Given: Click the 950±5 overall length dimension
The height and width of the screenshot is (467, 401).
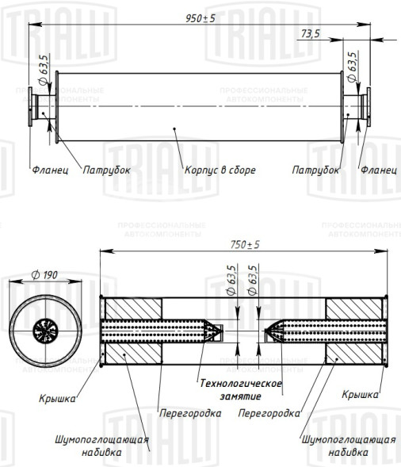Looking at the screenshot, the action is [200, 18].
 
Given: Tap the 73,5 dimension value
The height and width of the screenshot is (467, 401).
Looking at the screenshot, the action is [310, 33].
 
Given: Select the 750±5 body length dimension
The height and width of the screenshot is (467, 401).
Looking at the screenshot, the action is [245, 244].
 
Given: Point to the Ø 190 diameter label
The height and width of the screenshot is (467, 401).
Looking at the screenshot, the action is [44, 274].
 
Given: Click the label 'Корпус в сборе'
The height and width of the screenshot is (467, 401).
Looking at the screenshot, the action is [220, 170].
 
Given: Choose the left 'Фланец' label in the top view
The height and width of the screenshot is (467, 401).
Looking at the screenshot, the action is [50, 170].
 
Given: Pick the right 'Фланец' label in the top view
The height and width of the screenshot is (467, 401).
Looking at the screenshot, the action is [379, 170].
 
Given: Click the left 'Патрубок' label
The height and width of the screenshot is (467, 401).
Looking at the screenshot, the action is [106, 170].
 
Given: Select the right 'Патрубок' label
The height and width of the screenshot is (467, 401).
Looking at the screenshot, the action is [315, 170].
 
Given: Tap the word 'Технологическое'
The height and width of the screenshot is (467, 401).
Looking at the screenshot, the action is [241, 383].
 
